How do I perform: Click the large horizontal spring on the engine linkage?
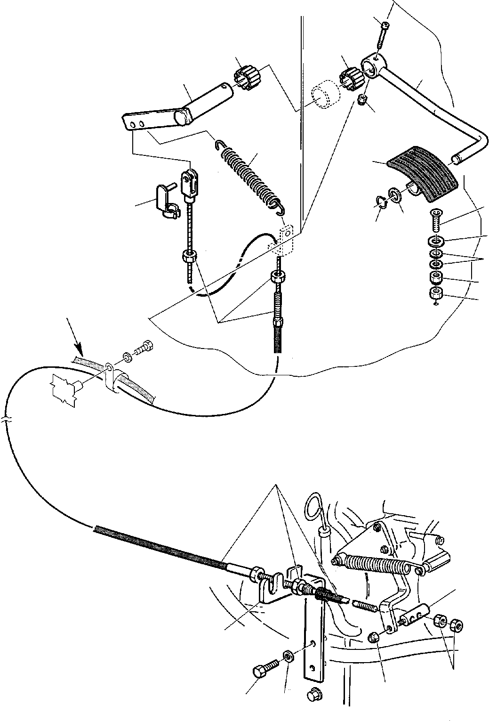tap(372, 565)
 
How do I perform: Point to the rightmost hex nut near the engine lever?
tap(456, 625)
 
